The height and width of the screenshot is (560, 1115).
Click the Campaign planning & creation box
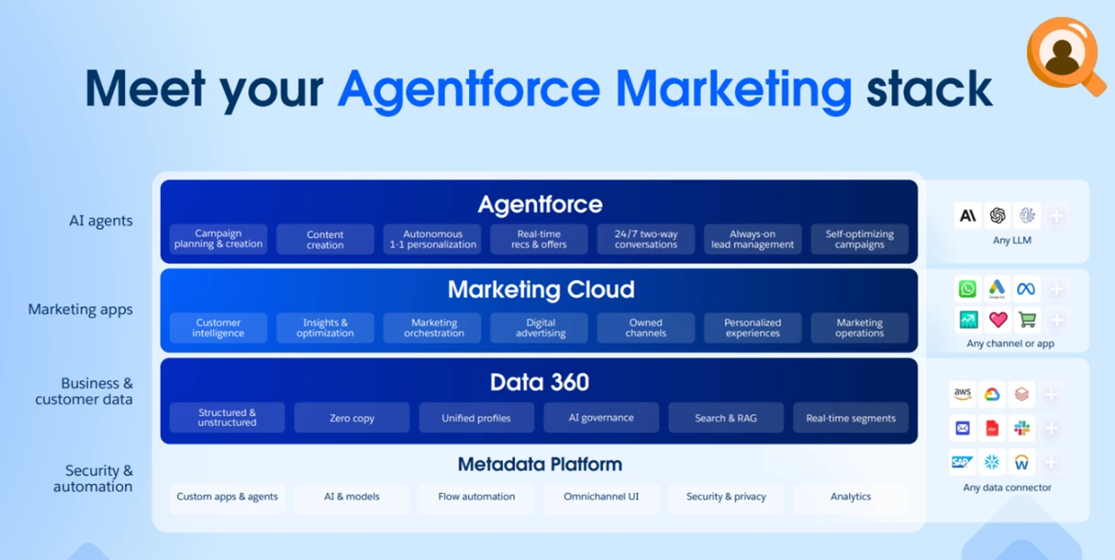click(x=218, y=239)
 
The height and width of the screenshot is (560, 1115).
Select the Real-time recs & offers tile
click(x=538, y=239)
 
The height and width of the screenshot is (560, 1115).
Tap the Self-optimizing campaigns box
click(x=859, y=239)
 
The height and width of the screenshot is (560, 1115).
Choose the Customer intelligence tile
click(x=218, y=328)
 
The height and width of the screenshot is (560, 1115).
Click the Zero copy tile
click(x=352, y=418)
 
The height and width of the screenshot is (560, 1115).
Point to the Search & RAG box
click(x=726, y=418)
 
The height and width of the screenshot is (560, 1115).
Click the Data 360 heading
click(x=539, y=382)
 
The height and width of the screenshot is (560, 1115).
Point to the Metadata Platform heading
click(x=539, y=465)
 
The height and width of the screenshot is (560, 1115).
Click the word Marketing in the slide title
click(x=733, y=90)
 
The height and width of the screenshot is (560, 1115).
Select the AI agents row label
click(x=100, y=221)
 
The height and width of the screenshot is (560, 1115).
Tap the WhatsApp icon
click(x=968, y=289)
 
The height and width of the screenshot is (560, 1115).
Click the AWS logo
click(x=963, y=394)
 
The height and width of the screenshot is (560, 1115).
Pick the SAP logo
click(x=961, y=462)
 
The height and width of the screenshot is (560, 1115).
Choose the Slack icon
click(x=1021, y=428)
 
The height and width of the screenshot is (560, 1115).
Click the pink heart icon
click(x=998, y=320)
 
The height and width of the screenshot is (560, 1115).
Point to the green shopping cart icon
click(x=1027, y=320)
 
